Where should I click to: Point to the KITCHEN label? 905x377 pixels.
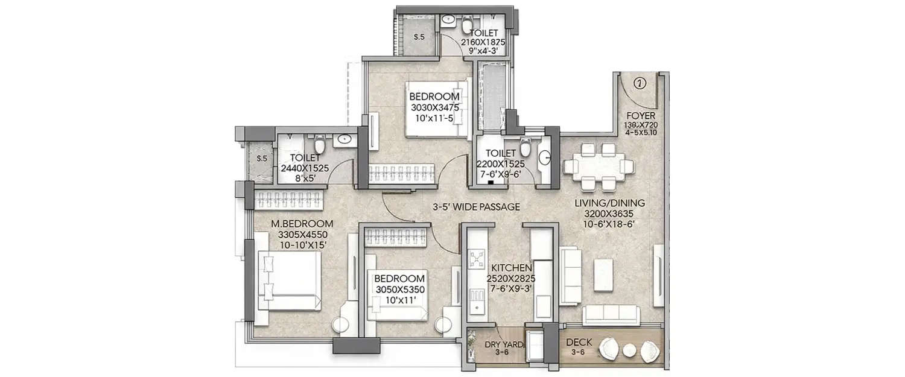pos(510,268)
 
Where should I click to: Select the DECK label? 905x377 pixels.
pos(579,342)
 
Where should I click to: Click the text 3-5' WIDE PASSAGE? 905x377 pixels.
pos(477,207)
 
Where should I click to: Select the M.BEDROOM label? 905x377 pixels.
pos(293,224)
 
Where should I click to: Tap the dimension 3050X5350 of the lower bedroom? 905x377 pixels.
pos(399,289)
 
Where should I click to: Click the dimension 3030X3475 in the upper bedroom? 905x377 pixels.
pos(434,107)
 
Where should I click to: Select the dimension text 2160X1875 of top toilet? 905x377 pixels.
pos(483,42)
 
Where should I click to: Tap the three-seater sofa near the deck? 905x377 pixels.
pos(612,314)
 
